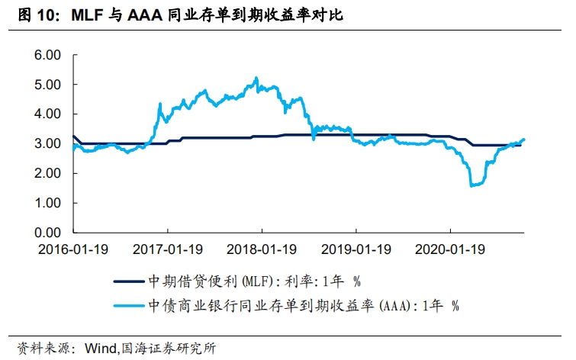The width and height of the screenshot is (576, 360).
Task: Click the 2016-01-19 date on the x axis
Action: [72, 249]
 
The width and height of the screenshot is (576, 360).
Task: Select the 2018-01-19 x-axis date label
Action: [262, 249]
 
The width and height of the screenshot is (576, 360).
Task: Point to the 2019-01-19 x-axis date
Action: [356, 249]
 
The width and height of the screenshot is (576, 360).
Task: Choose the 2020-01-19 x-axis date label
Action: [451, 249]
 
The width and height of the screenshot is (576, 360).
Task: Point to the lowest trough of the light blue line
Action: [471, 185]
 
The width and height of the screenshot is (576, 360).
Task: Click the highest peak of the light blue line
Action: [256, 78]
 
